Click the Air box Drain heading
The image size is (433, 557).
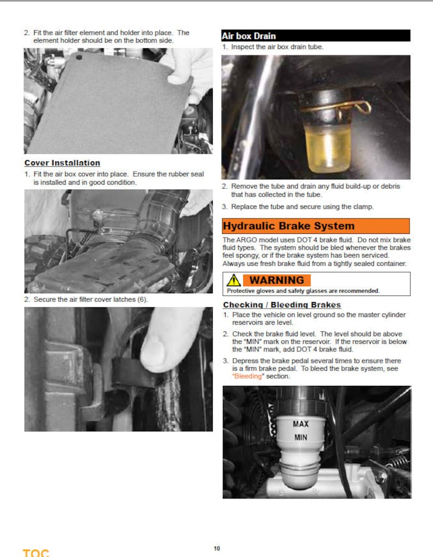249,36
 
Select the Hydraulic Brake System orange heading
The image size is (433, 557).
288,226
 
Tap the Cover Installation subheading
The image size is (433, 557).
62,163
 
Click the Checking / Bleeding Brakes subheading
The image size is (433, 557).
282,305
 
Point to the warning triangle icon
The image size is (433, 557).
234,280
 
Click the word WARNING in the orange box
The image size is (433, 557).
276,280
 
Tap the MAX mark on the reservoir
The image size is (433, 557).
300,423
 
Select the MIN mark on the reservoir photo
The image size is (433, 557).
300,437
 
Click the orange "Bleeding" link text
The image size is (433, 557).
247,377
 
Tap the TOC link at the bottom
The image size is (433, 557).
35,552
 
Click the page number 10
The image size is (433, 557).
217,548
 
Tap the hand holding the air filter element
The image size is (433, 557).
191,71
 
